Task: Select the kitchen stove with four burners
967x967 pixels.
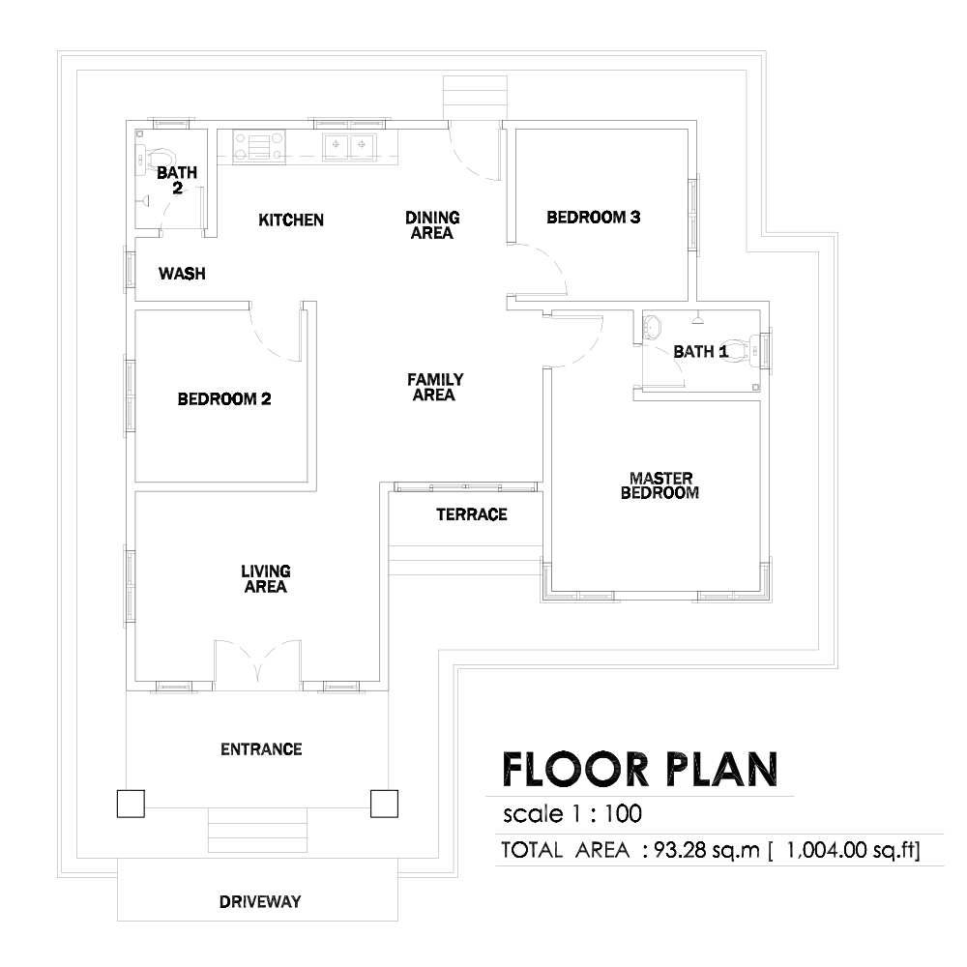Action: pos(258,147)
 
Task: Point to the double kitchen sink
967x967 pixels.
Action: pos(349,146)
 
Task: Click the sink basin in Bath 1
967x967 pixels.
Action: pos(652,325)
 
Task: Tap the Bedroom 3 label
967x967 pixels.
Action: pos(594,217)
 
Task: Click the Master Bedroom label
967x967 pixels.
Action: pos(659,485)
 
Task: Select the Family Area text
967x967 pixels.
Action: pos(435,388)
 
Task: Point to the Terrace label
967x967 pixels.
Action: pos(472,514)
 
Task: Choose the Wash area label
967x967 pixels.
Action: pos(182,274)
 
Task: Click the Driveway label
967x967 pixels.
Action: pos(260,901)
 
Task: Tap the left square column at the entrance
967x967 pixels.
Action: pos(131,804)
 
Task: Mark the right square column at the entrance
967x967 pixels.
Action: pos(384,804)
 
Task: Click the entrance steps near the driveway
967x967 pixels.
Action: pos(257,830)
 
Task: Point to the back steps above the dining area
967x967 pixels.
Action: pos(475,98)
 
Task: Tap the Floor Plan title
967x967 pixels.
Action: pos(640,770)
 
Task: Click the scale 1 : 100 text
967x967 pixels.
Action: pos(572,814)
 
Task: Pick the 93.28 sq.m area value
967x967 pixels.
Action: pos(707,850)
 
